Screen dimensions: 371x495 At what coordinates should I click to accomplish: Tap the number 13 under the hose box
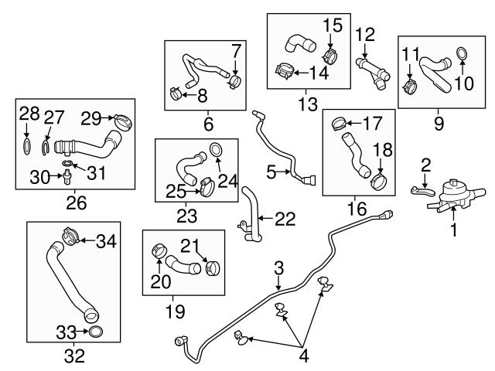coord(307,101)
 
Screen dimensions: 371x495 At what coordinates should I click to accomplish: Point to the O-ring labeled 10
coord(462,53)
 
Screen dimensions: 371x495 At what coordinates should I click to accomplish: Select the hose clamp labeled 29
coord(123,121)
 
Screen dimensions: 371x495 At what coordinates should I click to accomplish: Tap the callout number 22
coord(285,220)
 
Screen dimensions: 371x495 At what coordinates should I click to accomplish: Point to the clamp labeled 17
coord(337,122)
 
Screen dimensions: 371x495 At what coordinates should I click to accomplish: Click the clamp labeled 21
coord(210,268)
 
